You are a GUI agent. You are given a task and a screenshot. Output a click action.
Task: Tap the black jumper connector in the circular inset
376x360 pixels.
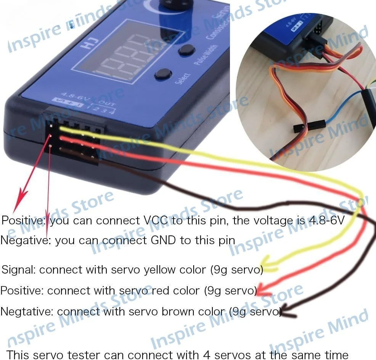point(309,126)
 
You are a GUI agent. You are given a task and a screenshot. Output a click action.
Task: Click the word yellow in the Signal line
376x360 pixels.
point(158,270)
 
